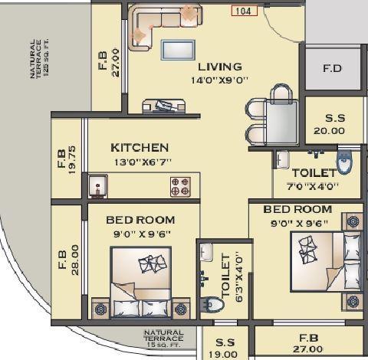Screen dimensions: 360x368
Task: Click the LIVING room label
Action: [x=219, y=67]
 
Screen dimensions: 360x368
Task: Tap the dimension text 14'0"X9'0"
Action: [x=219, y=80]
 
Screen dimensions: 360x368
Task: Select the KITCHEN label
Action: [x=140, y=147]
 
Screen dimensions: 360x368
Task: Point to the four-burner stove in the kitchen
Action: [x=180, y=185]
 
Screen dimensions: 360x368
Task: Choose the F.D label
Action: [x=333, y=67]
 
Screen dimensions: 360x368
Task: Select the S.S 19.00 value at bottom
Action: [x=225, y=354]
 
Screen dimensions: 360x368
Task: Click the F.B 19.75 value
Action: [x=73, y=162]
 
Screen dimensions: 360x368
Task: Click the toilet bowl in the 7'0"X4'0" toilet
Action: [x=344, y=162]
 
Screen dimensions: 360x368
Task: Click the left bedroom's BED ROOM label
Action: [x=140, y=220]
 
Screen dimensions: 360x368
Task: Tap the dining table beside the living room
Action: [x=284, y=121]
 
